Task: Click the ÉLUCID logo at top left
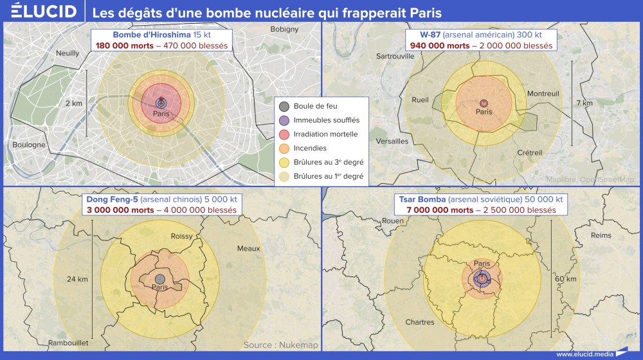pos(40,12)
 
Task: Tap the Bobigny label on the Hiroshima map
pos(284,29)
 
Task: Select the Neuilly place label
pos(68,53)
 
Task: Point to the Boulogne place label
pos(29,145)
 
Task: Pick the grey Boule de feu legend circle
pos(284,106)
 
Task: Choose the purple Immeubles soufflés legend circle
pos(284,120)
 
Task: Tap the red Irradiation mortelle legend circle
pos(284,134)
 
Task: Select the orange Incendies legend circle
pos(284,148)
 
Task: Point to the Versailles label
pos(392,141)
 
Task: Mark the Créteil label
pos(530,152)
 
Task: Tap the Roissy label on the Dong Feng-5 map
pos(181,237)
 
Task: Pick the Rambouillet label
pos(68,343)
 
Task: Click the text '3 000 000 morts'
pos(110,210)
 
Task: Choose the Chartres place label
pos(419,322)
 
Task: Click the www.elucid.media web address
pos(583,353)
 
